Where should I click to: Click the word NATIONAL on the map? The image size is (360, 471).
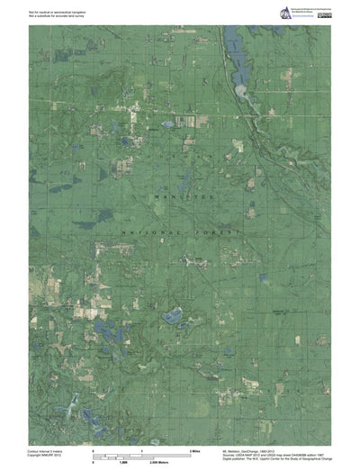point(149,231)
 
